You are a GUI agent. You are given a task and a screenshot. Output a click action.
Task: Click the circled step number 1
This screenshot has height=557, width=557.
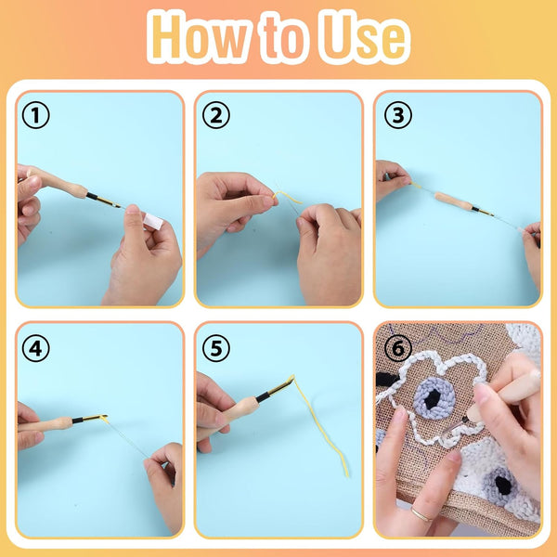36,116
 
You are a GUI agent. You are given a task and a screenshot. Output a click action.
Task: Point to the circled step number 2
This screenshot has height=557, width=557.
215,116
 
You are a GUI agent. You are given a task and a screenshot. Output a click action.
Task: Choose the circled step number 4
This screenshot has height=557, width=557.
36,348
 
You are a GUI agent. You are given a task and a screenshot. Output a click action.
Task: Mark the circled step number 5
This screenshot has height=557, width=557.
215,348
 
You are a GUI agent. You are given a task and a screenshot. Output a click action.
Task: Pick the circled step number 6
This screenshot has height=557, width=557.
396,348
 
